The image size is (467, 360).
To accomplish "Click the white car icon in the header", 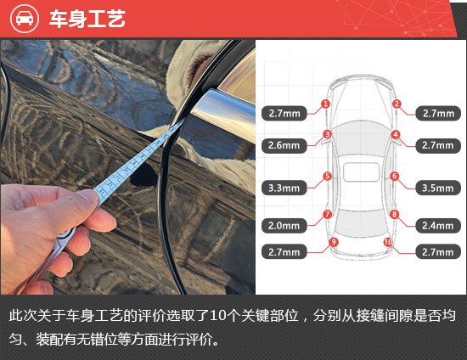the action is coord(25,19).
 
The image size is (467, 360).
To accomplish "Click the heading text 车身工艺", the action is coord(87,19).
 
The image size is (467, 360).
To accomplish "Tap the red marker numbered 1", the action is coord(325,104).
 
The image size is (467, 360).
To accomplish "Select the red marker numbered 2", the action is coord(397,104).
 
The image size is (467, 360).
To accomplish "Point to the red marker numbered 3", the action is coord(327,134).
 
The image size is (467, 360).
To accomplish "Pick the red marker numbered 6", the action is coord(395,176).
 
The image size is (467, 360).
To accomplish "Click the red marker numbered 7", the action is coord(327,214).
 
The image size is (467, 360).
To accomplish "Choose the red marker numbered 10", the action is coord(388,242).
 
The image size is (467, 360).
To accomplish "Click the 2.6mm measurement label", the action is coord(284,145).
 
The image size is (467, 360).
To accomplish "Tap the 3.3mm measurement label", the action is coord(284,188).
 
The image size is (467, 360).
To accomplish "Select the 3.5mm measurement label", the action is coord(438,188).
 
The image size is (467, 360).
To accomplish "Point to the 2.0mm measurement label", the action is coord(284,226).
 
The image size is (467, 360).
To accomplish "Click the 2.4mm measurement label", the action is coord(438,226).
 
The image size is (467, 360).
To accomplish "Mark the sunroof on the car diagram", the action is coord(361,172).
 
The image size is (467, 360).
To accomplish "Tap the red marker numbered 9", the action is coord(334,242).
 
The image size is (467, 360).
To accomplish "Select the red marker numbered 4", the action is coord(395,135).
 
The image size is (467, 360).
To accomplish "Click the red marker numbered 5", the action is coord(327,176).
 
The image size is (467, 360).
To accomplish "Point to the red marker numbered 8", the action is coord(394,214).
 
